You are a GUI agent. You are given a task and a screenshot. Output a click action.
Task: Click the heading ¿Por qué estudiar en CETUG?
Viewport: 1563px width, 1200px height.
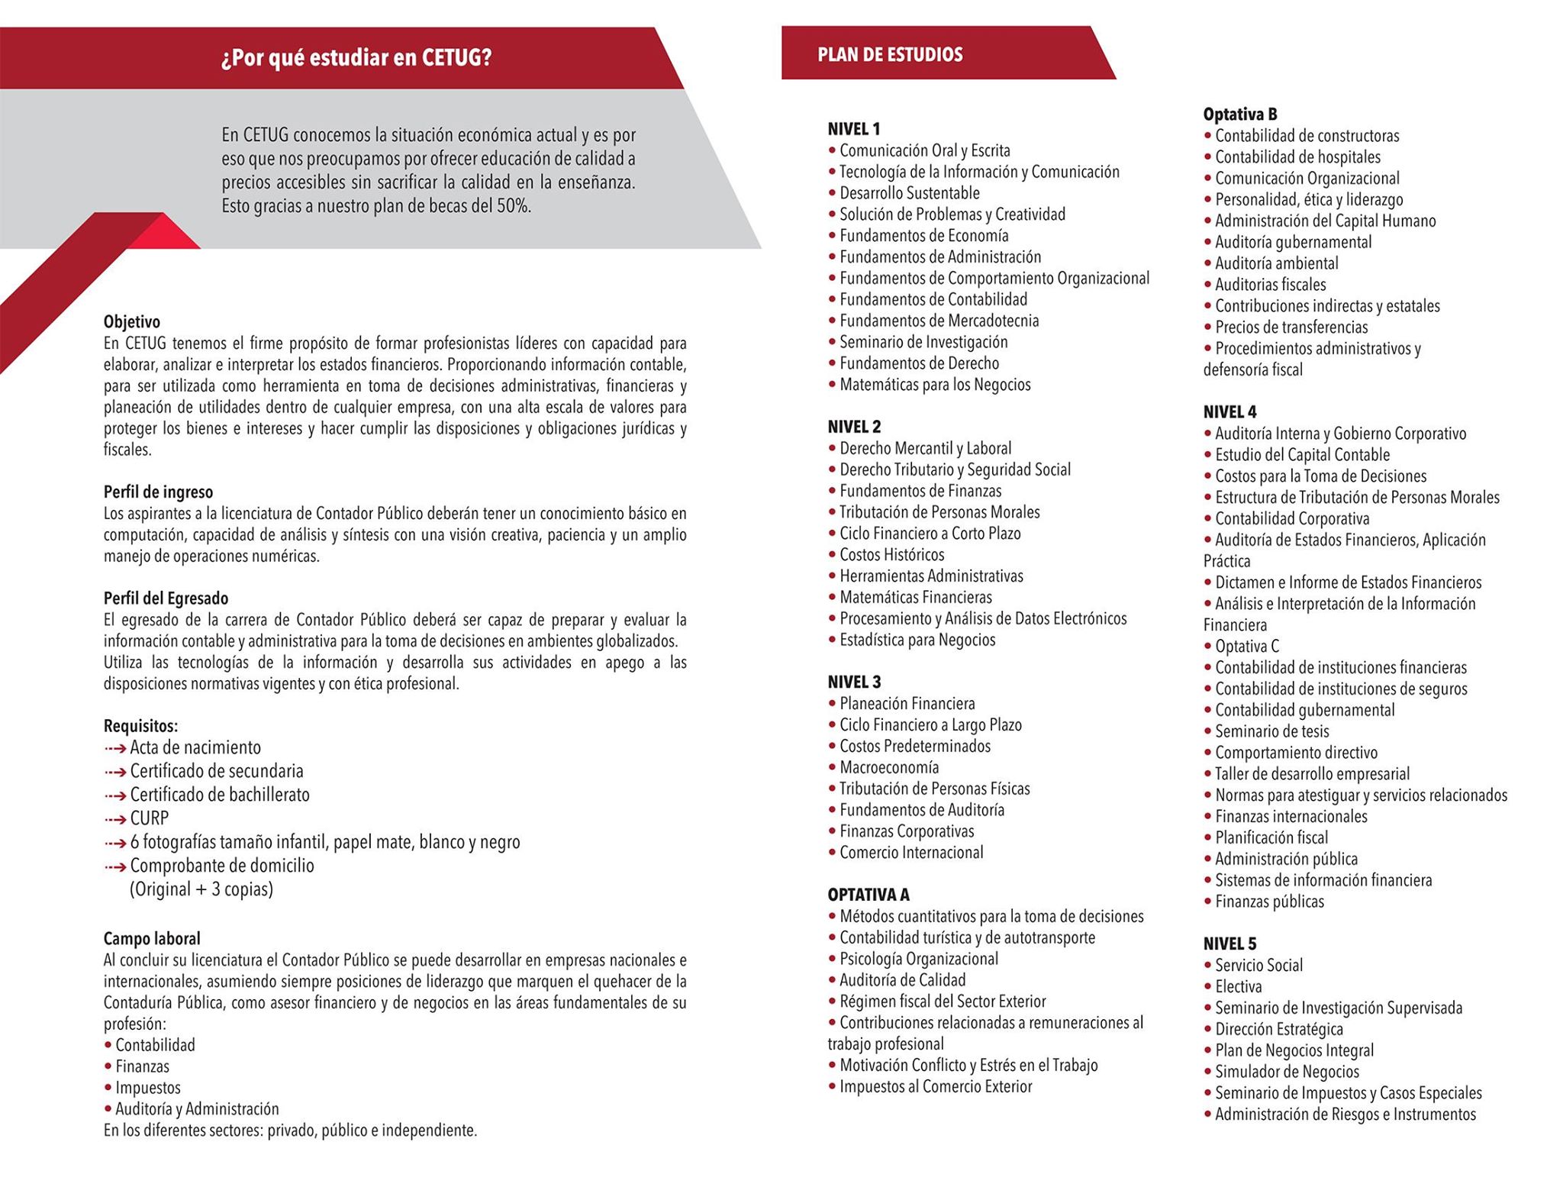click(x=356, y=59)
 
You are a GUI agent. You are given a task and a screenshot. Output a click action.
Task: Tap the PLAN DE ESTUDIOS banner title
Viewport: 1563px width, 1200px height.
click(x=890, y=55)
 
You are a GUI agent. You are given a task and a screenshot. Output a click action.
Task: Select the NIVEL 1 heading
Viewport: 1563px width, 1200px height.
click(x=854, y=129)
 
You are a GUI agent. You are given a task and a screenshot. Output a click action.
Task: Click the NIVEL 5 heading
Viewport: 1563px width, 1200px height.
click(x=1229, y=944)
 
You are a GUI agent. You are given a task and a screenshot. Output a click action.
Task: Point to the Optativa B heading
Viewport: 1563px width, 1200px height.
click(x=1240, y=115)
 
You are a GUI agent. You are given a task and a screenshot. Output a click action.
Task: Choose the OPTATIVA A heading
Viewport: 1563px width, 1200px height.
click(x=869, y=895)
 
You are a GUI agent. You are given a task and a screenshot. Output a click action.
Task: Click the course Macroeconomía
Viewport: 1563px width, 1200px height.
click(x=889, y=767)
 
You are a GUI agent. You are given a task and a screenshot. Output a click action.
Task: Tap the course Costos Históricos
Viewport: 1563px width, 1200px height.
click(x=891, y=555)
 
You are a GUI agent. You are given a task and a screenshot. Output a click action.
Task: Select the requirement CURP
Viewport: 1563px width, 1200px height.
click(x=150, y=818)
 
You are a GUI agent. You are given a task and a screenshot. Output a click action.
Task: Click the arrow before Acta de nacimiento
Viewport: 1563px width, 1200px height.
click(x=115, y=748)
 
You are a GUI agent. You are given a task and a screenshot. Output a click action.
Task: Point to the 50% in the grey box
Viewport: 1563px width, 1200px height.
click(x=513, y=206)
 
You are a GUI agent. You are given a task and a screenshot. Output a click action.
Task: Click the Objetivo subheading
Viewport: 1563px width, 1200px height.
click(x=132, y=321)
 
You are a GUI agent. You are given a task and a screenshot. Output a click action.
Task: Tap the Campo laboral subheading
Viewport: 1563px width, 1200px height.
click(x=152, y=938)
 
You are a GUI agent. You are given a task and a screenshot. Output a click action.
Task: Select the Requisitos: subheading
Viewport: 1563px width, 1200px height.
click(x=140, y=726)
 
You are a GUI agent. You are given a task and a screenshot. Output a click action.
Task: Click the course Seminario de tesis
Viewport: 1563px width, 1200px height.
click(x=1271, y=731)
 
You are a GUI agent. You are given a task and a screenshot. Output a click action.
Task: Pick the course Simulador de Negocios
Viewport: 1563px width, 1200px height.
click(x=1287, y=1072)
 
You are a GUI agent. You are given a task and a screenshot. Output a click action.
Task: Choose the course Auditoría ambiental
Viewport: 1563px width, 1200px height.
click(x=1276, y=263)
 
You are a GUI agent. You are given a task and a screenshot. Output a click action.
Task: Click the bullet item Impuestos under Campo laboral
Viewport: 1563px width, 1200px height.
click(x=148, y=1088)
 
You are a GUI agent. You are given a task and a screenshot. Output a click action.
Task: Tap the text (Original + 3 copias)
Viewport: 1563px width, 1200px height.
click(x=201, y=889)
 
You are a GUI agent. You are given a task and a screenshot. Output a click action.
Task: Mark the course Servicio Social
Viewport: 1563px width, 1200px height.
click(x=1258, y=966)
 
